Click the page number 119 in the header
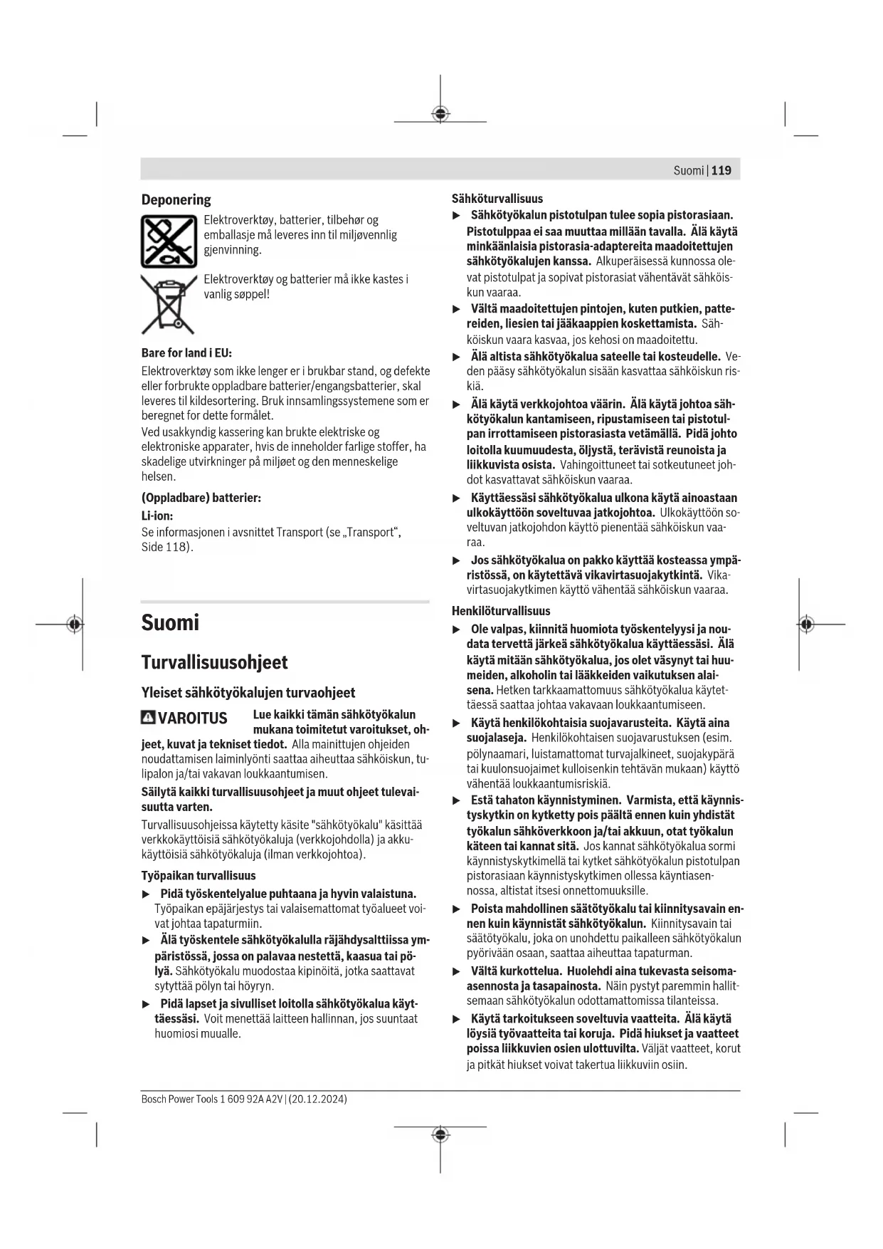click(x=721, y=170)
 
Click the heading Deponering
click(x=176, y=199)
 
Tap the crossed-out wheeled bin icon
click(x=168, y=304)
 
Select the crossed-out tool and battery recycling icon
click(x=169, y=241)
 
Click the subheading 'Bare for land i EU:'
click(x=186, y=352)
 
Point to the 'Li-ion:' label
click(x=157, y=516)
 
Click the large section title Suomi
click(x=170, y=622)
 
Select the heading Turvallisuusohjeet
click(x=214, y=662)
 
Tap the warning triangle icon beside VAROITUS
click(x=148, y=717)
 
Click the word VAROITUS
click(x=192, y=718)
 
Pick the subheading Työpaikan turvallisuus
click(x=199, y=875)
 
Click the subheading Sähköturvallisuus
click(x=497, y=199)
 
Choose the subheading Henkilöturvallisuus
click(x=501, y=610)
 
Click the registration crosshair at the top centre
click(x=440, y=114)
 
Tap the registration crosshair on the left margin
click(x=75, y=624)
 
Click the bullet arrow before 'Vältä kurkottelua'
click(x=457, y=971)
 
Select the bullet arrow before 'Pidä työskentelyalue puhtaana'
click(x=147, y=894)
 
